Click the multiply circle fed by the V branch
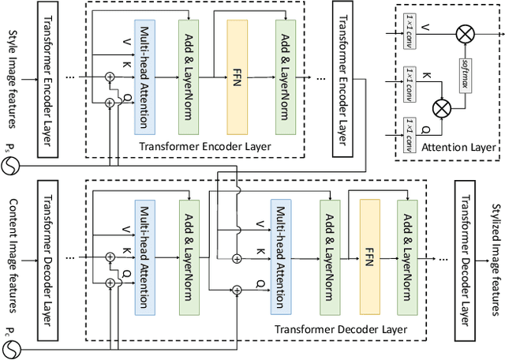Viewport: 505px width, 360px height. point(466,34)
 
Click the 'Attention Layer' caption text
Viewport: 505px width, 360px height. point(458,148)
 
